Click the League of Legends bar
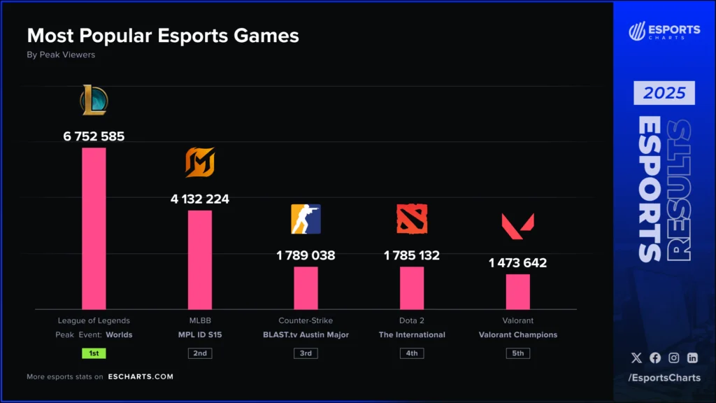[94, 228]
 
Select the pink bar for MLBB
[200, 260]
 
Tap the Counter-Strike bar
[306, 288]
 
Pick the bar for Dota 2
[412, 288]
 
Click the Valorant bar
[517, 291]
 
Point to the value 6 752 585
[94, 136]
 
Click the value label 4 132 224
[200, 199]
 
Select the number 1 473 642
[517, 263]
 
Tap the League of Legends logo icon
[94, 100]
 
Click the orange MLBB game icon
[200, 163]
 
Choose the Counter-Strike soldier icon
[306, 219]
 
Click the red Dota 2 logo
[412, 219]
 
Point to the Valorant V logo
[517, 225]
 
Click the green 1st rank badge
[94, 353]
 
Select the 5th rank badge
[517, 353]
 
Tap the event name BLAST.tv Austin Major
[306, 335]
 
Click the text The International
[412, 335]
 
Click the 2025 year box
[664, 93]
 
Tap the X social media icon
[636, 358]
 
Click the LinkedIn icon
[692, 358]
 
